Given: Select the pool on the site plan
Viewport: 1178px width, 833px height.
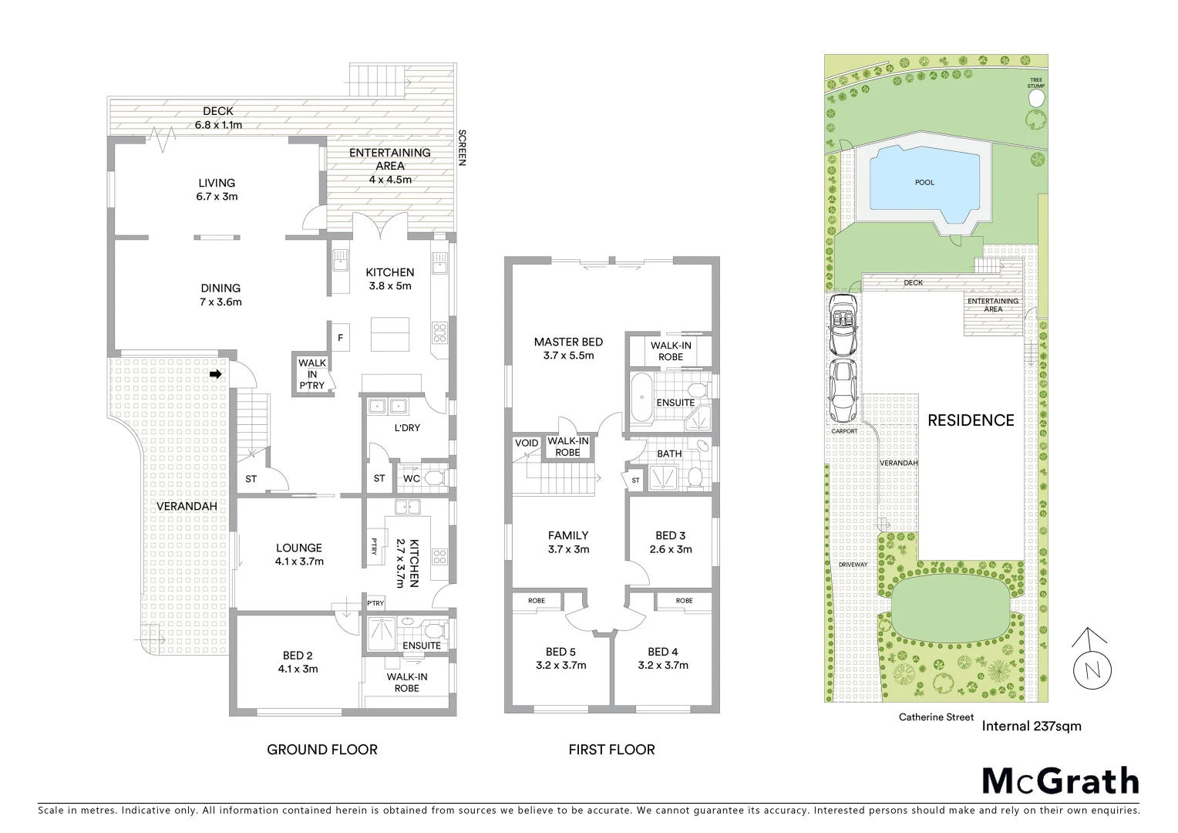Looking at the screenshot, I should pos(924,183).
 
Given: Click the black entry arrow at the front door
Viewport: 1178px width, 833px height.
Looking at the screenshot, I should pos(217,374).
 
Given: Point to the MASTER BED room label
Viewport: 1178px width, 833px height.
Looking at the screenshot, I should pos(568,342).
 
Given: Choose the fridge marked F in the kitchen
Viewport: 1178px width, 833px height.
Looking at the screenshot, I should pos(340,338).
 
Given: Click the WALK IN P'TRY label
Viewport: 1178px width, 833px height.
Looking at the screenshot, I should pos(312,374).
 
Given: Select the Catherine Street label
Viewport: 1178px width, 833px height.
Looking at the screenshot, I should pos(936,717).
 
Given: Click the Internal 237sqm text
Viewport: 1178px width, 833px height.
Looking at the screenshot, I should pos(1031,726).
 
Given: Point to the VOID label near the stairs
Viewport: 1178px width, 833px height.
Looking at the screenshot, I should pos(527,443).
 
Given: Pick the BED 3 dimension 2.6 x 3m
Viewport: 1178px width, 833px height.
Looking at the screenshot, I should pos(670,549).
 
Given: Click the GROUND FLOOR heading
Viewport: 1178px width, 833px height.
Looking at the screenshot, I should pos(321,749).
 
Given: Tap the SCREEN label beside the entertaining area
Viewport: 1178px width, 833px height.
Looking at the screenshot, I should pos(463,147).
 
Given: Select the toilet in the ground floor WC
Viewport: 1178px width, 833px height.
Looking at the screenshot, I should pos(434,479).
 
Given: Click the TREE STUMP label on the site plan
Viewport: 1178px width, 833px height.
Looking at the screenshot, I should pos(1035,83).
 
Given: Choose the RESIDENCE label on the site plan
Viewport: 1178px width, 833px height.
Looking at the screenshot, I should pos(970,420).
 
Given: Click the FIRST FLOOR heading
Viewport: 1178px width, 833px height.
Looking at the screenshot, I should pos(611,749).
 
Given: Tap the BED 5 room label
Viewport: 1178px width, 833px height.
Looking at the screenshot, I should pos(560,652).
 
